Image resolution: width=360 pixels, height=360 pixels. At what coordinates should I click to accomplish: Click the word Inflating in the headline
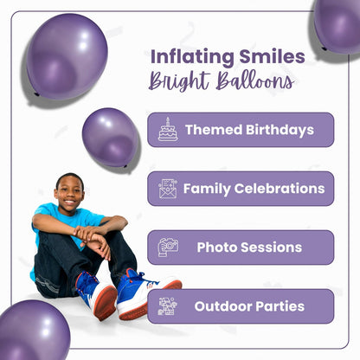tap(185, 57)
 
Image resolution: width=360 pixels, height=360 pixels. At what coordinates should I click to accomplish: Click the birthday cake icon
tap(168, 130)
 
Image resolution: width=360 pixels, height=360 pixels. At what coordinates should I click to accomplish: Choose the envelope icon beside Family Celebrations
tap(168, 188)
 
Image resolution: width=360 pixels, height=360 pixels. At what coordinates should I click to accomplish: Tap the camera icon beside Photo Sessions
tap(168, 247)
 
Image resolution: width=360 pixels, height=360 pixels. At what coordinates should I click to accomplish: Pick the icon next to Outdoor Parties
tap(168, 305)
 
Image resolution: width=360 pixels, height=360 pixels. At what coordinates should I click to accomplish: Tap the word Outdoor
tap(222, 305)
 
